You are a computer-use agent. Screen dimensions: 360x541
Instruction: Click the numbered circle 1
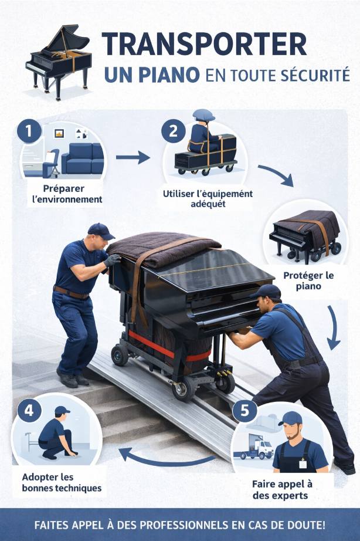[29, 131]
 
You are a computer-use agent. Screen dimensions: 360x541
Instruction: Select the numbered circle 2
[174, 131]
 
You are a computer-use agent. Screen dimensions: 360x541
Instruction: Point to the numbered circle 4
[29, 411]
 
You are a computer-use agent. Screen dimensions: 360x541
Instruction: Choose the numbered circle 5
[244, 411]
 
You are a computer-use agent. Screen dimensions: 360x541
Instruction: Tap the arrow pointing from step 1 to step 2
[133, 157]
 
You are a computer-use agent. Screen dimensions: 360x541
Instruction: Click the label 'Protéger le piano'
[308, 281]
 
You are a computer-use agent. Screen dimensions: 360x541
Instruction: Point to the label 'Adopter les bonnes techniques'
[62, 483]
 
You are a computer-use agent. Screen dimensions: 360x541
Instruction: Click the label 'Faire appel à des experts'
[282, 489]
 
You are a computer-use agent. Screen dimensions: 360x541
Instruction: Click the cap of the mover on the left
[100, 231]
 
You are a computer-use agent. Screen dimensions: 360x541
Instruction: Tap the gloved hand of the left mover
[112, 260]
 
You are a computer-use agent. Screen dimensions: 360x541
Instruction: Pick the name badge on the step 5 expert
[303, 464]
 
